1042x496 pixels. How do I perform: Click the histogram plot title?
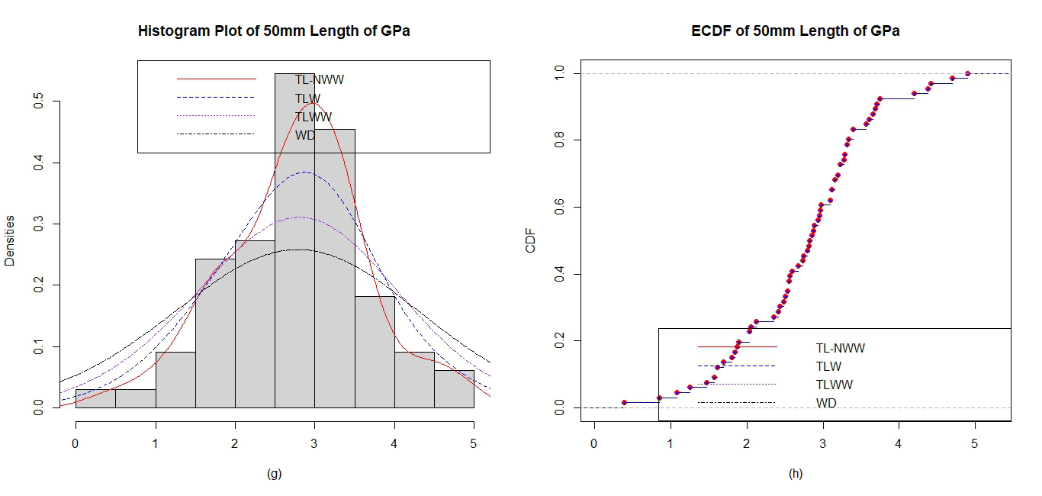point(274,31)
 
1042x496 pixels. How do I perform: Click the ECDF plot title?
point(796,31)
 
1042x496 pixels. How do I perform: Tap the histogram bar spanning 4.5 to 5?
point(454,389)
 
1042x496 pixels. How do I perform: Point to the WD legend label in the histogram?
point(305,135)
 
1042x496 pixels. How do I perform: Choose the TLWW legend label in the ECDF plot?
point(835,385)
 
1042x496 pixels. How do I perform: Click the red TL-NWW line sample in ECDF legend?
point(737,347)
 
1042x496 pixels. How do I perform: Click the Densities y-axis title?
point(10,240)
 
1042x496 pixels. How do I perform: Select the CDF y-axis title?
point(531,240)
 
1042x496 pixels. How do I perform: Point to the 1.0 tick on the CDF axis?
point(559,73)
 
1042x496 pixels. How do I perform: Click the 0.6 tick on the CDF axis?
point(559,207)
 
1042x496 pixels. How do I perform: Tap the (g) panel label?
point(274,474)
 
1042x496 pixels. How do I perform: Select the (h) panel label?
point(796,474)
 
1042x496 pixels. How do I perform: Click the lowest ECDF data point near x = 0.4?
point(625,402)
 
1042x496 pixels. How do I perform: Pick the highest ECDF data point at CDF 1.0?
point(967,74)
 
